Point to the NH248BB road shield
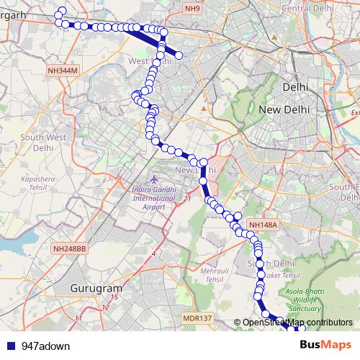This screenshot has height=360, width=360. (70, 248)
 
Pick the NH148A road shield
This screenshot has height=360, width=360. (262, 225)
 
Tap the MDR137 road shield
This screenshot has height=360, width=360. (197, 318)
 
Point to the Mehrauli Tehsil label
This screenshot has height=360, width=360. (200, 275)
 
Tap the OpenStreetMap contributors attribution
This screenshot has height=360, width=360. (297, 323)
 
